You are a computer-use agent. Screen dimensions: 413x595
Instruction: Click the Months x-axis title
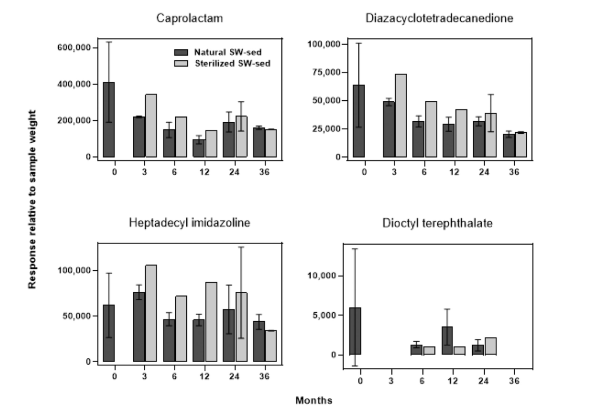(314, 401)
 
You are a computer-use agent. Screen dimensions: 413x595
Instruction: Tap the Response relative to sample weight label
(32, 199)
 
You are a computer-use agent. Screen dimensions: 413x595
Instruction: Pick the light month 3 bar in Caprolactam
(151, 125)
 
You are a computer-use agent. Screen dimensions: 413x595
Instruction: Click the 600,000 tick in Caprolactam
(75, 48)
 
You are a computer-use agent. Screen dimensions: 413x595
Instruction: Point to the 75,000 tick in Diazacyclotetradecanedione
(326, 72)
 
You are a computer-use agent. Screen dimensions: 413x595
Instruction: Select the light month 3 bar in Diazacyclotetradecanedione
(400, 115)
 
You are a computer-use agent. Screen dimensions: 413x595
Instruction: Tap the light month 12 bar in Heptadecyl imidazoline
(211, 322)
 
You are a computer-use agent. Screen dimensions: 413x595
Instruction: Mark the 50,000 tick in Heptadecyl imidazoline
(75, 316)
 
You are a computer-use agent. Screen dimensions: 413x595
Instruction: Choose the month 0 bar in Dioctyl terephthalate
(355, 331)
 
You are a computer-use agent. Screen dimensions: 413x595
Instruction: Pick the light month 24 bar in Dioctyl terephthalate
(491, 346)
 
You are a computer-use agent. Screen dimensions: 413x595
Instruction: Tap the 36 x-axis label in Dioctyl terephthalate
(514, 380)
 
